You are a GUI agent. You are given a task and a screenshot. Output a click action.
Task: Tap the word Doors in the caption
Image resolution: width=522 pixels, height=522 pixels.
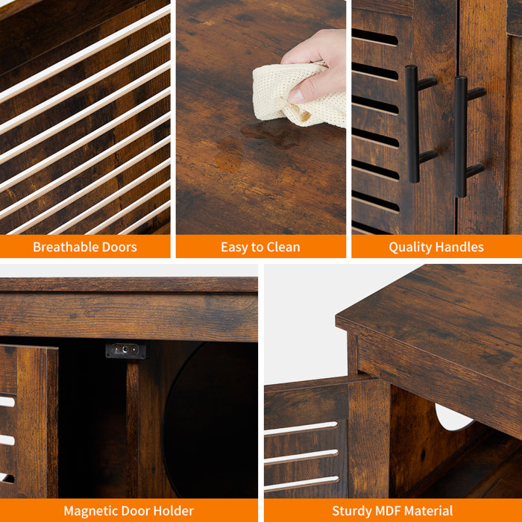click(119, 247)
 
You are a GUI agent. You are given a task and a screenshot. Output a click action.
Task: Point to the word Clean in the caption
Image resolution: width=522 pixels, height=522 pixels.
click(283, 247)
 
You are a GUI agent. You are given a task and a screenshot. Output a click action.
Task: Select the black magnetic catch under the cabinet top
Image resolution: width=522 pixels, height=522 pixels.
click(126, 350)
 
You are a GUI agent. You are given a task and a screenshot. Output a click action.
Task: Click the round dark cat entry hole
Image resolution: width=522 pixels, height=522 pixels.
click(210, 419)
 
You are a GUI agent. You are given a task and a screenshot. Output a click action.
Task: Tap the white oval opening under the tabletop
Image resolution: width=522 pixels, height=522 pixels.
click(453, 417)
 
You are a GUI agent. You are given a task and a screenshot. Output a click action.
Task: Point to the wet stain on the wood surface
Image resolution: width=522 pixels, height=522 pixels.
click(257, 143)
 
